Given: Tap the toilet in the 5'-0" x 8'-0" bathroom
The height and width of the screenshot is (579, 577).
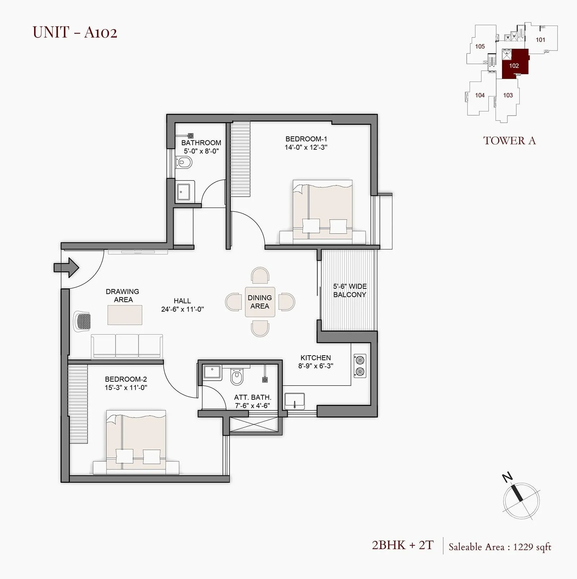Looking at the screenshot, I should (184, 163).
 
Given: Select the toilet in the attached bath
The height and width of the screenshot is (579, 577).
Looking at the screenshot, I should (236, 377).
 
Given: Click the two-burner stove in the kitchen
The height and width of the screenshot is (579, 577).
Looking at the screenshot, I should (360, 366).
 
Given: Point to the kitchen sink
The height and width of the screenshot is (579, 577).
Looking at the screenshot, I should (295, 401).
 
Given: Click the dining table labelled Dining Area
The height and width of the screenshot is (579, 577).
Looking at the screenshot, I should (260, 302).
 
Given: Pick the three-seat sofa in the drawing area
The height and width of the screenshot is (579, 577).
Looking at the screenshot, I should (127, 346).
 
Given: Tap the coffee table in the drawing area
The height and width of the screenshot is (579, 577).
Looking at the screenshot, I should (125, 315).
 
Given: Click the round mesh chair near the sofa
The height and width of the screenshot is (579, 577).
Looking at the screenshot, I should (83, 321).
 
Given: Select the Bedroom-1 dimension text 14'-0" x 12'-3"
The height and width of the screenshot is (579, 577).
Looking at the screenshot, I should (306, 147).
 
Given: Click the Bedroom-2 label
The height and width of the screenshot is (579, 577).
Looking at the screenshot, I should (126, 379).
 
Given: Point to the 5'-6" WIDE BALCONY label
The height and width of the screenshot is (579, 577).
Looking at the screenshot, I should (349, 291).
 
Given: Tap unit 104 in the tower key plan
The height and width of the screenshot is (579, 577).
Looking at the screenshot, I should (480, 95).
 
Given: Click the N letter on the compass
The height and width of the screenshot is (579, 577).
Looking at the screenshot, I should (508, 478).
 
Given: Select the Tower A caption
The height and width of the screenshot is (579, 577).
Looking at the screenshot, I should (509, 141).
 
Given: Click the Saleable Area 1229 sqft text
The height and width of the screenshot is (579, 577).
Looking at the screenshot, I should (499, 547).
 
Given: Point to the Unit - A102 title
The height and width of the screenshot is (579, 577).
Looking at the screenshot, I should (75, 32).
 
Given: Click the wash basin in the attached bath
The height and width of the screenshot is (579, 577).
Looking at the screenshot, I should (212, 373).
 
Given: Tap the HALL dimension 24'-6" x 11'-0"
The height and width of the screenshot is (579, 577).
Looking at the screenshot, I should (182, 309).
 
